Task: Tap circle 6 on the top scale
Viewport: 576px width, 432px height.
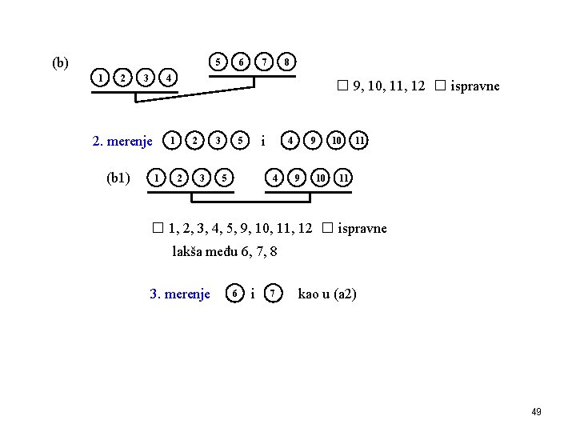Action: pyautogui.click(x=240, y=61)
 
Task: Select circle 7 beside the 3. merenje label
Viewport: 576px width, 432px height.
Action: pyautogui.click(x=273, y=294)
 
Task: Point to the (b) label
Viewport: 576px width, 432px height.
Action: pyautogui.click(x=60, y=62)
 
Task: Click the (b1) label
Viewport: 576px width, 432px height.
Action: pyautogui.click(x=118, y=176)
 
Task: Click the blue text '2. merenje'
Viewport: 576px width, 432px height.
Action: pyautogui.click(x=122, y=142)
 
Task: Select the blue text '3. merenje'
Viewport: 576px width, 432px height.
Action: pyautogui.click(x=180, y=294)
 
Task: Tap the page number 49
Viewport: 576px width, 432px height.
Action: pyautogui.click(x=536, y=411)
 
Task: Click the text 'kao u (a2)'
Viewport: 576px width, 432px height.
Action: pyautogui.click(x=327, y=294)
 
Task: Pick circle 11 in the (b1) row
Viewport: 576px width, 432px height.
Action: pyautogui.click(x=342, y=176)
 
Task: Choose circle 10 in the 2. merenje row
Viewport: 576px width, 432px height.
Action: pyautogui.click(x=338, y=141)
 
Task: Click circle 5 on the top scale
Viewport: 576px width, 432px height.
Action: pyautogui.click(x=217, y=61)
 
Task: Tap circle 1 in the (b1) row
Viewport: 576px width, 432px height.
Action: pyautogui.click(x=158, y=176)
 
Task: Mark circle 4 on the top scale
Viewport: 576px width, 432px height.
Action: pyautogui.click(x=168, y=78)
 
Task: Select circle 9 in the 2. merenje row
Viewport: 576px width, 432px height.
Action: pyautogui.click(x=314, y=141)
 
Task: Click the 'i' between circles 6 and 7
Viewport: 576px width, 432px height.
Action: pyautogui.click(x=253, y=294)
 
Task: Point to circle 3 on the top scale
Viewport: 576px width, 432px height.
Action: pyautogui.click(x=145, y=78)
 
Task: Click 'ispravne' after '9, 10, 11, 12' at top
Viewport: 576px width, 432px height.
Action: pyautogui.click(x=475, y=86)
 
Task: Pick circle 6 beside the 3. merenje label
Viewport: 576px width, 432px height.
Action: pyautogui.click(x=234, y=294)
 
